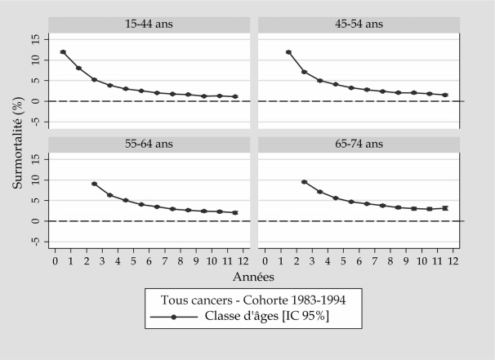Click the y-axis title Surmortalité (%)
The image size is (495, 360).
17,141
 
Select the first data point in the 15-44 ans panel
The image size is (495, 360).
63,52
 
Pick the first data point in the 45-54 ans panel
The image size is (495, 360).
288,52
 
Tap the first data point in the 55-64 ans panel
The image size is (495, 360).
94,184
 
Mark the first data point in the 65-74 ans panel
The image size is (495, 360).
304,181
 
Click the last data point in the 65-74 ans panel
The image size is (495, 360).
444,208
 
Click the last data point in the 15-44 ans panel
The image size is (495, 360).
235,96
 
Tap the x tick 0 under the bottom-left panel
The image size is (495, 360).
55,260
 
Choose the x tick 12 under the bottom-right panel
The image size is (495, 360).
453,260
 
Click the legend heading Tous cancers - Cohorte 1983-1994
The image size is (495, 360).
246,298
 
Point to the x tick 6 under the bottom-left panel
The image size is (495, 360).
149,260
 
